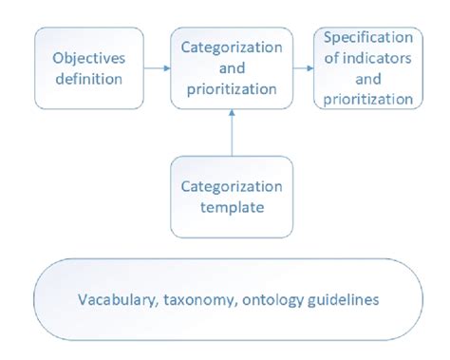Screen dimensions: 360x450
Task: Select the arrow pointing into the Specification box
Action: pos(303,67)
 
